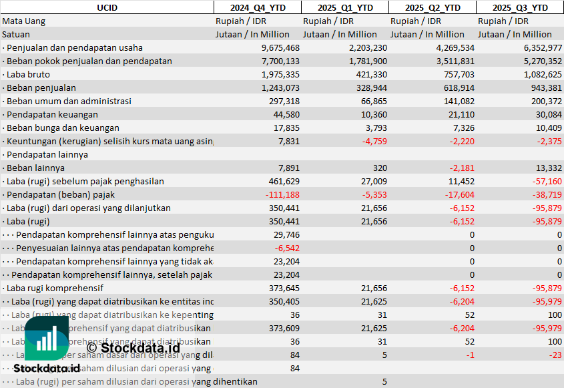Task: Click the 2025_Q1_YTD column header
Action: coord(344,7)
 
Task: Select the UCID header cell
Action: coord(107,7)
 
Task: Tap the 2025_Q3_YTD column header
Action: coord(520,7)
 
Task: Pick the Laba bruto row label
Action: coord(27,74)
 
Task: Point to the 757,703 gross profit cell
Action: coord(455,74)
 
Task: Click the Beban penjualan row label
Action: coord(41,87)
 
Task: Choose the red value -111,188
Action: coord(283,194)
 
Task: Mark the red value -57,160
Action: coord(545,181)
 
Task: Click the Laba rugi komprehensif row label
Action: coord(55,288)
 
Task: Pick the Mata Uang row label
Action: coord(24,21)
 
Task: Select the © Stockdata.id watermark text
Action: coord(133,347)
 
